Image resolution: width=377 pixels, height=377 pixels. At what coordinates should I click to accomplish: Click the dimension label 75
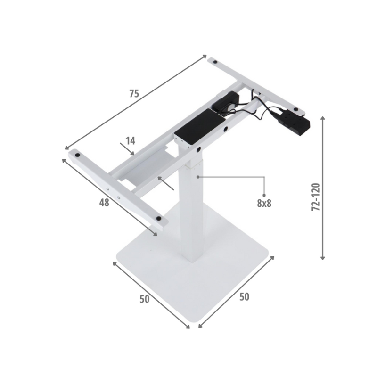pyautogui.click(x=134, y=93)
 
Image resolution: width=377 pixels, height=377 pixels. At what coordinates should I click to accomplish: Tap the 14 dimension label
pyautogui.click(x=131, y=140)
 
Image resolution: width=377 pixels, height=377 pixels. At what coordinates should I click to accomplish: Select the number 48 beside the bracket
pyautogui.click(x=104, y=203)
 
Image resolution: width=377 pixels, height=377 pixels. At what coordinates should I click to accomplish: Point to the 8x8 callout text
pyautogui.click(x=264, y=204)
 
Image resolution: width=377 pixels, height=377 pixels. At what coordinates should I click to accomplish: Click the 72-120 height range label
pyautogui.click(x=316, y=197)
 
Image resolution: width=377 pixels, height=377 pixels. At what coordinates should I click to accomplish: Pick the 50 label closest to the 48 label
pyautogui.click(x=145, y=299)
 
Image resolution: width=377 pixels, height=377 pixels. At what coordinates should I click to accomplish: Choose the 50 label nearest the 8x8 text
pyautogui.click(x=244, y=297)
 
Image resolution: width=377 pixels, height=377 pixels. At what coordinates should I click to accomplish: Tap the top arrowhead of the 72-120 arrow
pyautogui.click(x=323, y=118)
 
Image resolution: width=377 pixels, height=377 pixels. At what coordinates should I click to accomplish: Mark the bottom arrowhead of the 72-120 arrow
pyautogui.click(x=323, y=257)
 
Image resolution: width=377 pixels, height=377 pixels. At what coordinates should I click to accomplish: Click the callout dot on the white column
pyautogui.click(x=197, y=177)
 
